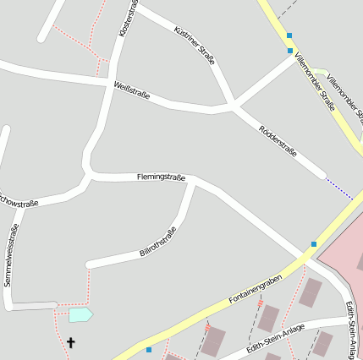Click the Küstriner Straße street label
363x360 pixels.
click(195, 45)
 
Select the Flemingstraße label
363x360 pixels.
click(161, 177)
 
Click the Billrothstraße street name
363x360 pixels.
click(158, 243)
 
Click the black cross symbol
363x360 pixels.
click(70, 343)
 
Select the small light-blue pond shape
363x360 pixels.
click(80, 314)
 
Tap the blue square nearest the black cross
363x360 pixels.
click(149, 349)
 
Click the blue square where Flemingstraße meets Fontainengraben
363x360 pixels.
click(313, 244)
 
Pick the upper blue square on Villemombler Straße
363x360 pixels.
click(289, 35)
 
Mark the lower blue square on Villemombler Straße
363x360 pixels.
click(289, 51)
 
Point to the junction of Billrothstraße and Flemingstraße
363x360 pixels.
click(194, 180)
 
